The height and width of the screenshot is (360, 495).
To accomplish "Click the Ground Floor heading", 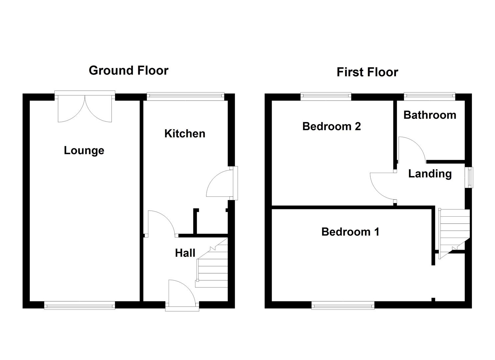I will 128,71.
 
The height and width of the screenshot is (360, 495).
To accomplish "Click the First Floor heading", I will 367,72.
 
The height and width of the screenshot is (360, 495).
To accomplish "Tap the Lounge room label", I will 84,150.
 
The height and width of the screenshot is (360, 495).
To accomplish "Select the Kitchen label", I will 185,134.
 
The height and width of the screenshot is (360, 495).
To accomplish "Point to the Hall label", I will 185,253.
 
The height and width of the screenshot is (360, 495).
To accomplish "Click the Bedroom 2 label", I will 331,126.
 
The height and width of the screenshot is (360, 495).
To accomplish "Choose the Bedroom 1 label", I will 350,232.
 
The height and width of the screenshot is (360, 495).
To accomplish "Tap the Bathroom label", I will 430,115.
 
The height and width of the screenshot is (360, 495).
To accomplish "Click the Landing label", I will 430,174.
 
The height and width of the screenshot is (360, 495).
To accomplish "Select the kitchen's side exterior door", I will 222,184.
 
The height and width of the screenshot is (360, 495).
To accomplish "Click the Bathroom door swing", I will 411,149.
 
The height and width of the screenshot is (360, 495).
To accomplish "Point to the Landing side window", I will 470,177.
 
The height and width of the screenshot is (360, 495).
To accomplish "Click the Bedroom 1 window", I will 343,305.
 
